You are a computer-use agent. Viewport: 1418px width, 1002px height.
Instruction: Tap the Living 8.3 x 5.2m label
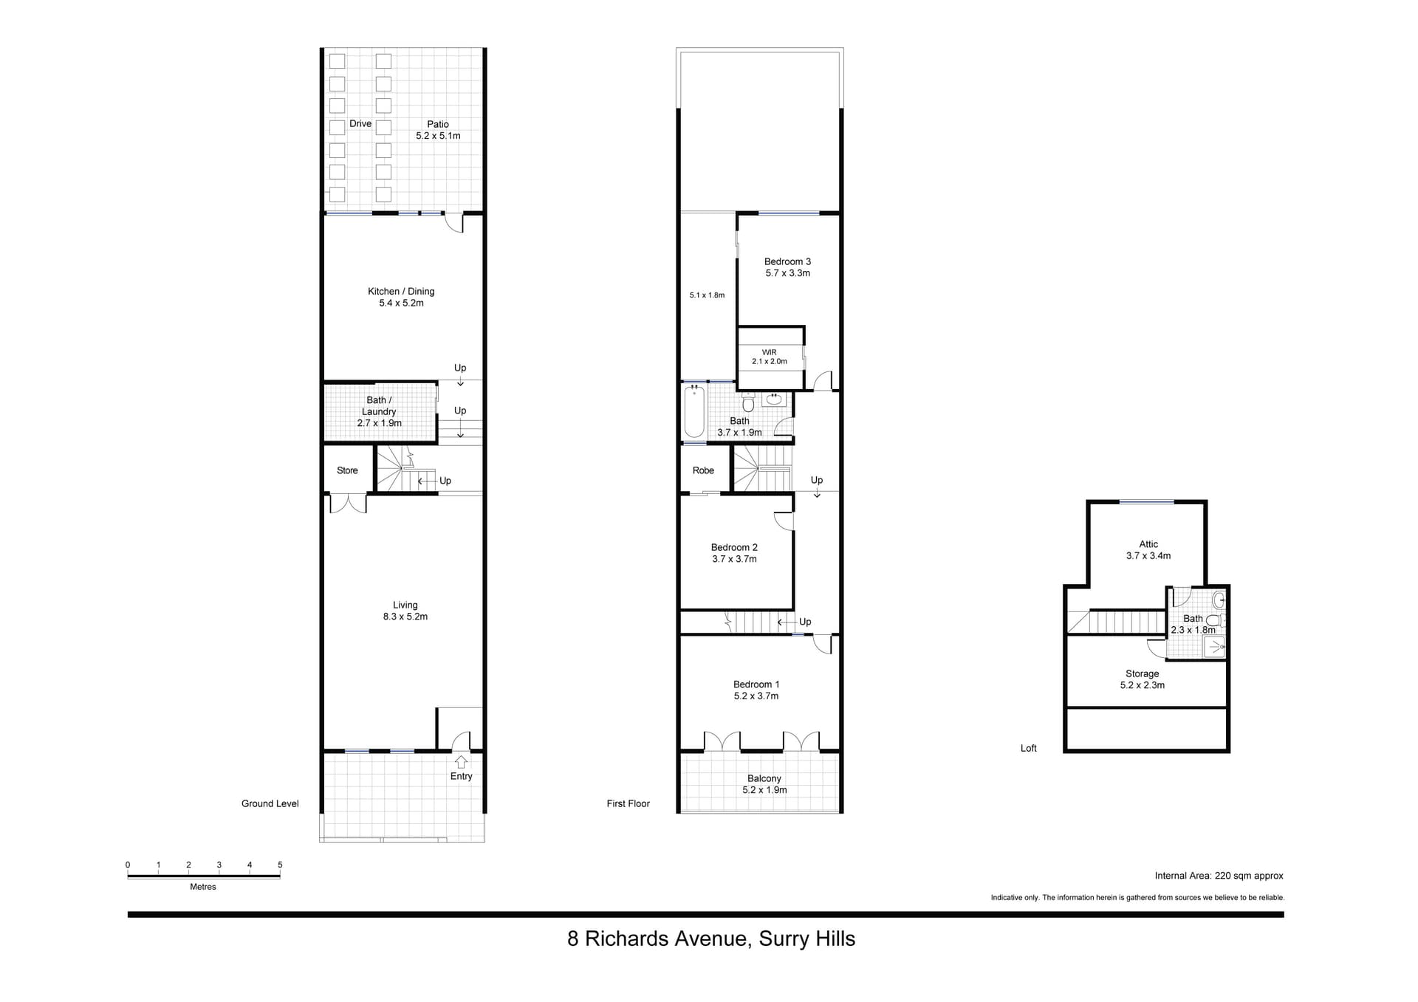[405, 611]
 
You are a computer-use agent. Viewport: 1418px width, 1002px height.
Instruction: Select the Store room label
[347, 470]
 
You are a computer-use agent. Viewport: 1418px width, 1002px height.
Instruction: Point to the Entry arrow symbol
[462, 762]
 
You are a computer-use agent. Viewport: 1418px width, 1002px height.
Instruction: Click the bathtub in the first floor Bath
[694, 411]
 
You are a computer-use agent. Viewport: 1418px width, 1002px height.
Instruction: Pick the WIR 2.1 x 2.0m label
[770, 357]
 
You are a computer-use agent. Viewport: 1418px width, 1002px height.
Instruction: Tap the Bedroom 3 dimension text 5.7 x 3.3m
[788, 273]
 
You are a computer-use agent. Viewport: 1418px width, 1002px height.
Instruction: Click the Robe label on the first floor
[704, 470]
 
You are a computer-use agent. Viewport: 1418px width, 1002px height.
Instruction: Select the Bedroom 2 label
[734, 547]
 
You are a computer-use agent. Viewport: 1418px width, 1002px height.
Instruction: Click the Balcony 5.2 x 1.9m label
[764, 784]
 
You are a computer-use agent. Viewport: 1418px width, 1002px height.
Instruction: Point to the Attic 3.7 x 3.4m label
[1148, 550]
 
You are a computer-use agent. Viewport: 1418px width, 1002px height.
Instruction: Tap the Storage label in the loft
[1143, 674]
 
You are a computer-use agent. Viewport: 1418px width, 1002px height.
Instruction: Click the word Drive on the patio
[360, 124]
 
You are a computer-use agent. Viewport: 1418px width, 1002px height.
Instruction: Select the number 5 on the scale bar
[280, 865]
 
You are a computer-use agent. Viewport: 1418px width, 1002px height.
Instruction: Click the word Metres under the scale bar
[203, 887]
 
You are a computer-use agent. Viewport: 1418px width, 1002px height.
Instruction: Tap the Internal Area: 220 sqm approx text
[1219, 876]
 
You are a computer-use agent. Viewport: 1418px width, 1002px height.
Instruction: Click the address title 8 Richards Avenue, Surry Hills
[711, 938]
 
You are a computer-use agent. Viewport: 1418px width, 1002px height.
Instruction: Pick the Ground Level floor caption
[270, 803]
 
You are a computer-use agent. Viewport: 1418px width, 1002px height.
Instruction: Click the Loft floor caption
[1029, 748]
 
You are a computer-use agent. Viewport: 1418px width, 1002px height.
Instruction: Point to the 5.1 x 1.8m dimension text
[708, 295]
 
